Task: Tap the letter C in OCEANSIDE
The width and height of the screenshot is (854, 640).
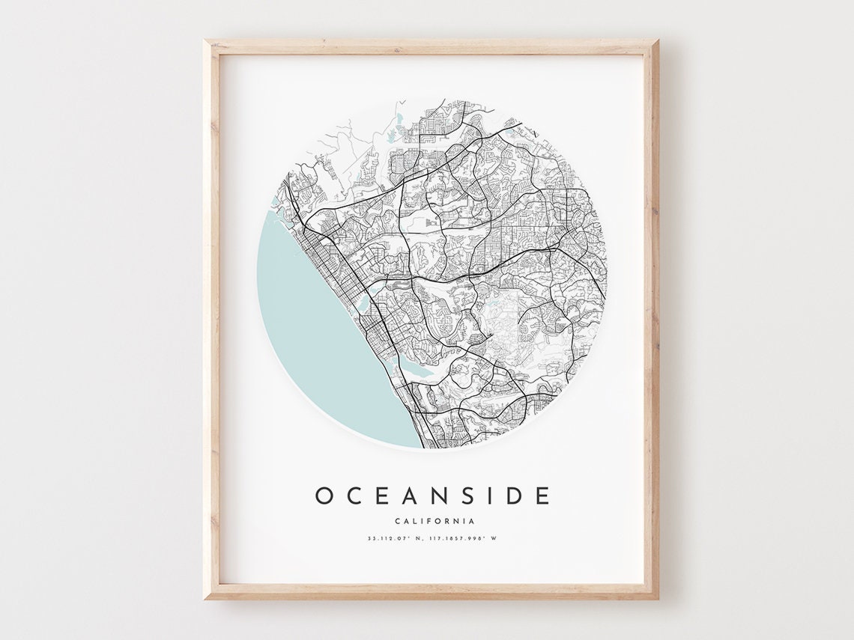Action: coord(354,496)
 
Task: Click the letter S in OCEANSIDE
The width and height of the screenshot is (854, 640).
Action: coord(464,496)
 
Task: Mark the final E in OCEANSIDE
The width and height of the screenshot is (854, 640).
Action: coord(542,496)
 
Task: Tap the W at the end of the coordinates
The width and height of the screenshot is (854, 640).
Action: coord(494,538)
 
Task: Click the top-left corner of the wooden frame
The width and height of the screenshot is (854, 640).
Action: coord(206,42)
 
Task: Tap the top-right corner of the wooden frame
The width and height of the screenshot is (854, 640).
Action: coord(656,42)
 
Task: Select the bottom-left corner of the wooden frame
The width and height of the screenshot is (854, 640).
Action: coord(206,597)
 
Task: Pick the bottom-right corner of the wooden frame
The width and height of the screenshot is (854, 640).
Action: coord(656,597)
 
